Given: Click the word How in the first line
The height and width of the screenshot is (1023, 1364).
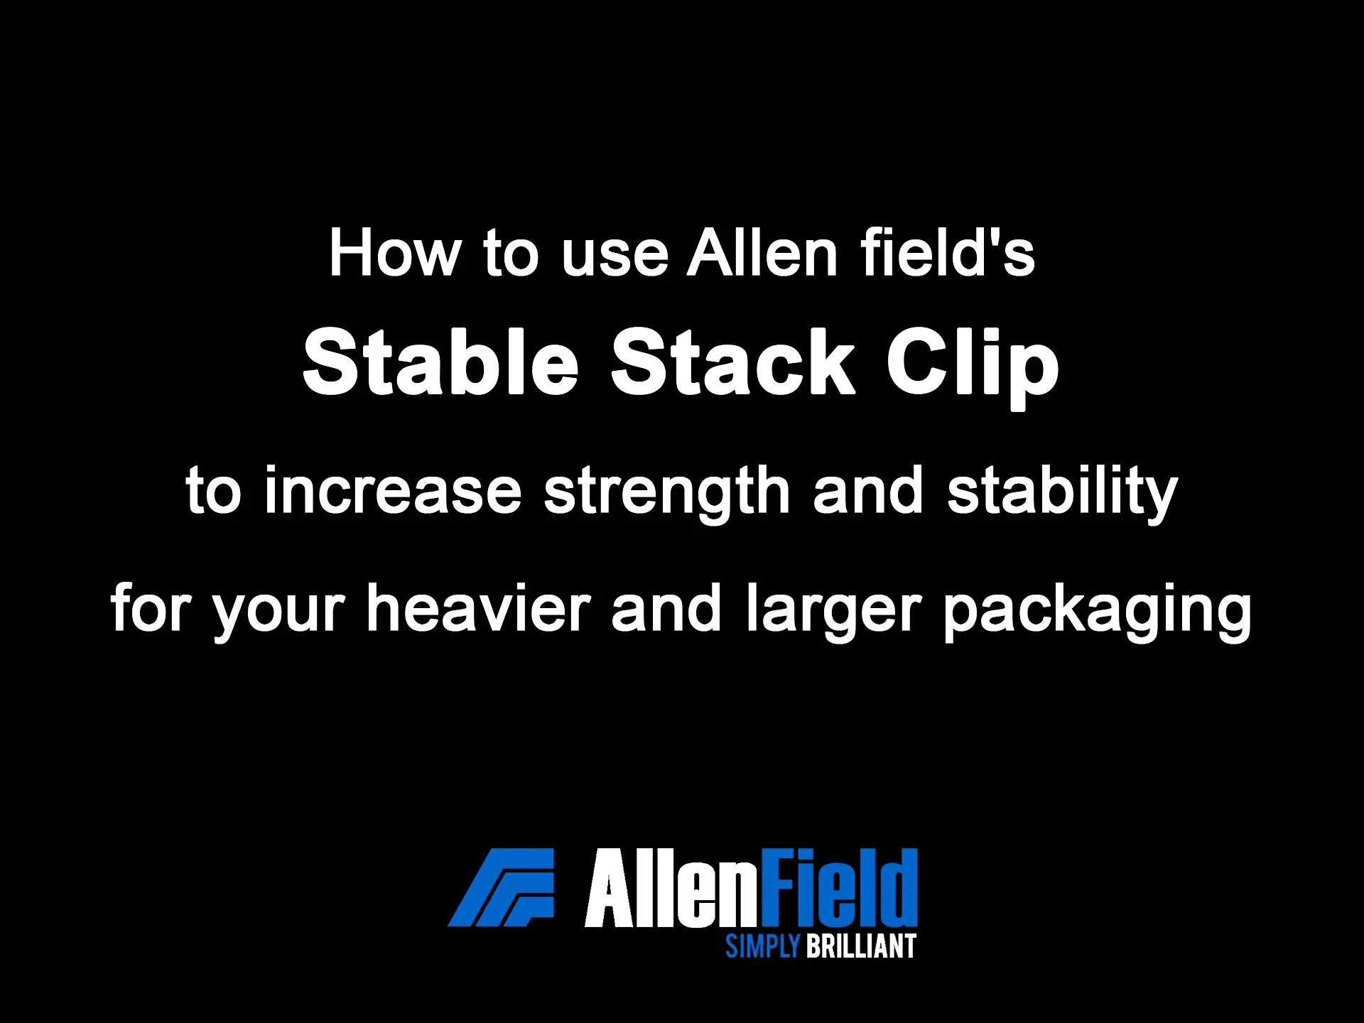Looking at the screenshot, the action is (394, 254).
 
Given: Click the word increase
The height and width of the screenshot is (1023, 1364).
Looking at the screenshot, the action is (393, 490).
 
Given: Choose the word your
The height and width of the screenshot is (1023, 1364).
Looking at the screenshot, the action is (279, 615).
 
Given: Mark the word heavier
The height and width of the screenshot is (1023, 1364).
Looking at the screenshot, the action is (478, 608).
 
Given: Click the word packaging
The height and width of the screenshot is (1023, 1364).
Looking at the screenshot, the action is (1097, 614).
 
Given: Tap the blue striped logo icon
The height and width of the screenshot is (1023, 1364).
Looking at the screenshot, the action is (501, 887).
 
